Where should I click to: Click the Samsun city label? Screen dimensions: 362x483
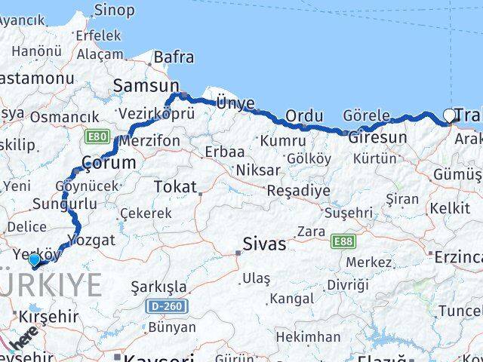[146, 86]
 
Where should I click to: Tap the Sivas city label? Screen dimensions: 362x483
[264, 244]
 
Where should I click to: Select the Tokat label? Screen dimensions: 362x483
[174, 186]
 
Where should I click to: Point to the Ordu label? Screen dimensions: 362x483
[304, 116]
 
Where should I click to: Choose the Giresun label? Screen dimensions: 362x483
[377, 138]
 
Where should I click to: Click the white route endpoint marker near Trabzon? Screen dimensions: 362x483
[450, 115]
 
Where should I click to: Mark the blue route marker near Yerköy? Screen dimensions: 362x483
[34, 260]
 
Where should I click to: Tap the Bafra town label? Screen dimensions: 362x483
[174, 57]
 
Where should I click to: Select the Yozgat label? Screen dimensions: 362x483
[91, 240]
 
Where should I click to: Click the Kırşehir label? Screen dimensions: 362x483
[49, 316]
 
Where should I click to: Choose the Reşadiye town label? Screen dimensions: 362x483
[299, 190]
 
